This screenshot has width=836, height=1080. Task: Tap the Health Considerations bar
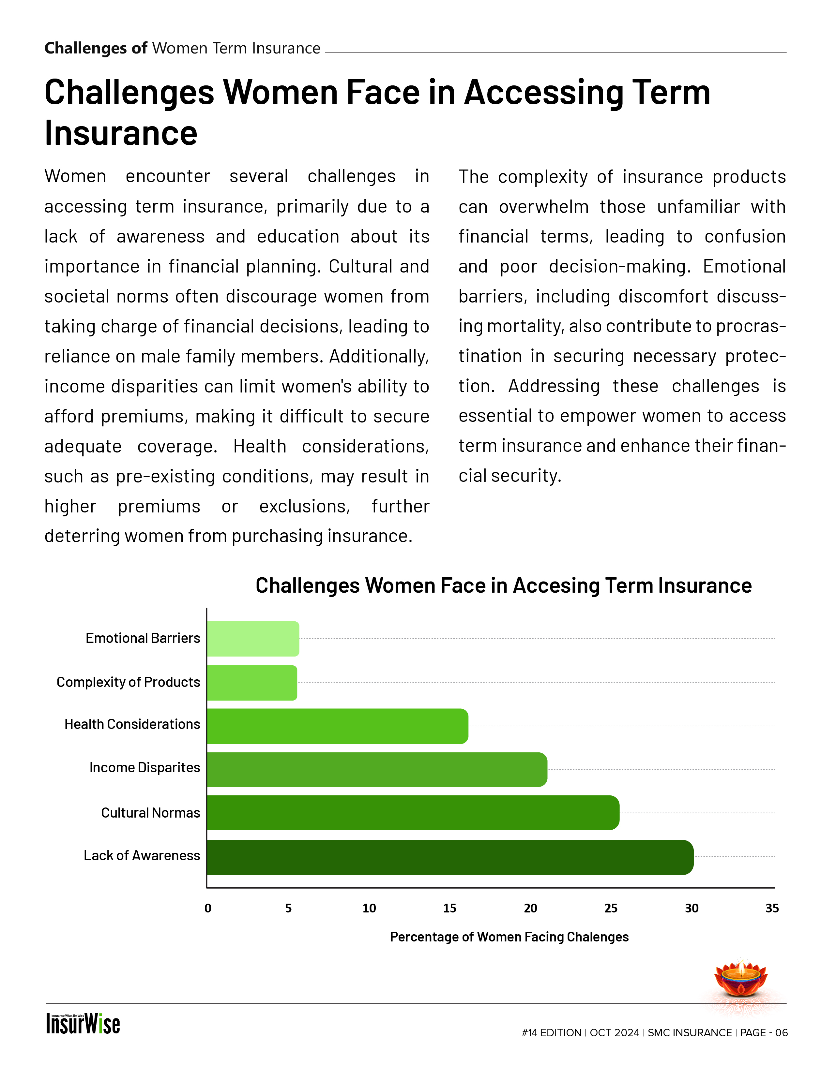[x=337, y=726]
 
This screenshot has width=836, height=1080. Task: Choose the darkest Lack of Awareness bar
[x=450, y=857]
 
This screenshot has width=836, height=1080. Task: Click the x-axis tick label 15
[x=450, y=909]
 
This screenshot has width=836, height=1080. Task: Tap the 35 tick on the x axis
[x=772, y=909]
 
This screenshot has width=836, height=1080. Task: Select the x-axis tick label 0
[x=208, y=909]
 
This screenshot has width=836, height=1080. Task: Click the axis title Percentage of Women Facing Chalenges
[x=509, y=937]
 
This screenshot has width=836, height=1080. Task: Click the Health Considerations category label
[x=132, y=724]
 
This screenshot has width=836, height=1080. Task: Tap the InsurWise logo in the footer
[x=83, y=1024]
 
